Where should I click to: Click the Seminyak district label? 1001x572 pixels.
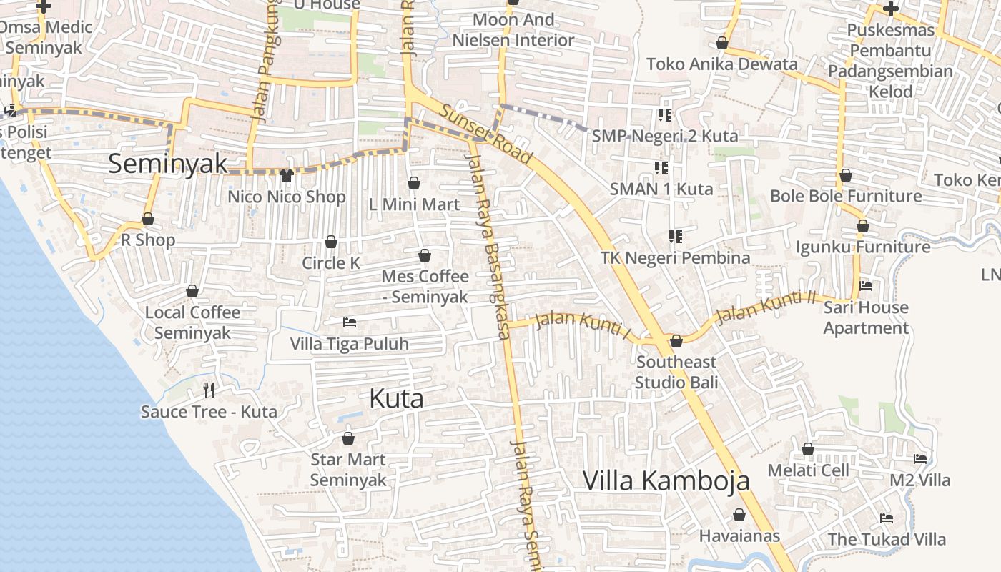point(168,164)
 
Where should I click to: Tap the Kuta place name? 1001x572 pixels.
point(396,399)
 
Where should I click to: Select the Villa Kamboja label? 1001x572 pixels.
point(666,480)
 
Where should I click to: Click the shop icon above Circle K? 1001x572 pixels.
point(331,242)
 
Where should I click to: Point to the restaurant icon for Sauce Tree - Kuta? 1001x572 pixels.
point(209,390)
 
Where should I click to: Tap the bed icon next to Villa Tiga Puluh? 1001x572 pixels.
point(350,322)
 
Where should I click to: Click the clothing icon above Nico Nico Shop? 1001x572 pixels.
point(287,175)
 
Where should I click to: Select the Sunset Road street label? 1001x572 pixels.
point(485,134)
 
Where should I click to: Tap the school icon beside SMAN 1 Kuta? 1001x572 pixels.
point(661,168)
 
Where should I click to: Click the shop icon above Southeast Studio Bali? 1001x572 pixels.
point(676,341)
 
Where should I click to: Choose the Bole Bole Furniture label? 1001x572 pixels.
point(846,196)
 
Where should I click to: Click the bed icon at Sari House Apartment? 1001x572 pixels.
point(866,286)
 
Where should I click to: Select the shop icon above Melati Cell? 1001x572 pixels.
point(808,449)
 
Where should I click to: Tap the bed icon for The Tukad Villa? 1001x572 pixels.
point(887,518)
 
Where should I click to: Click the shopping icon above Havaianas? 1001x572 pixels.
point(739,515)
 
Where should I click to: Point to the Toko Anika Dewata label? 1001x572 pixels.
point(721,64)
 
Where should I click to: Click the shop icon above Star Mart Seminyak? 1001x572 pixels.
point(348,438)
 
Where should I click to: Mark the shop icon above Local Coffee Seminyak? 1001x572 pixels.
point(192,291)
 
